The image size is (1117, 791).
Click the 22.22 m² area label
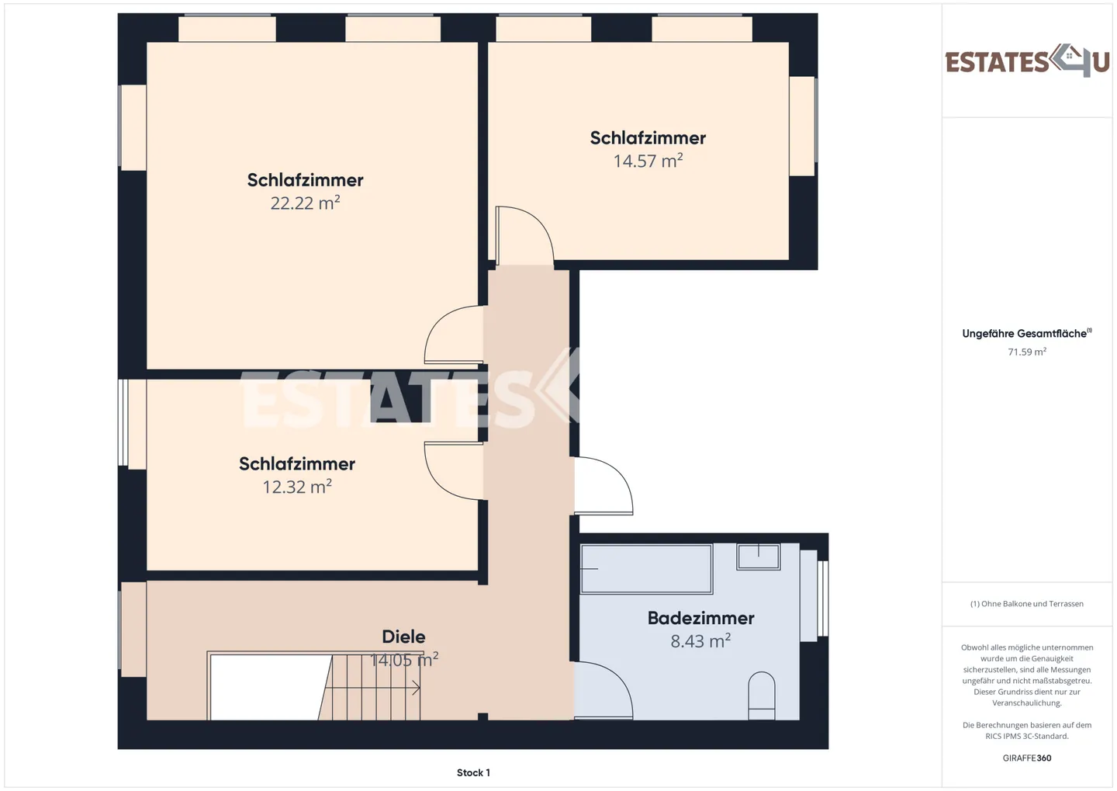[305, 203]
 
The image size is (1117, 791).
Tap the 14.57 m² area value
[648, 161]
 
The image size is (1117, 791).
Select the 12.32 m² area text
[297, 487]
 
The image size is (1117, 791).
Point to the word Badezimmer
[700, 618]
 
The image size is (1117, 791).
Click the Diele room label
[403, 637]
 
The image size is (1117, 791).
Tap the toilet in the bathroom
[762, 696]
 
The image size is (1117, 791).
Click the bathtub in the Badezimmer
[647, 569]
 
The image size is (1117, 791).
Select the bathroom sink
[759, 557]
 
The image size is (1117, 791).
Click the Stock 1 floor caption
[473, 772]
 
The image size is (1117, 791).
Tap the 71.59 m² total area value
[1027, 352]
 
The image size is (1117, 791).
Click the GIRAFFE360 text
[1027, 758]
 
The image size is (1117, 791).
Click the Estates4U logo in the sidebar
[1027, 61]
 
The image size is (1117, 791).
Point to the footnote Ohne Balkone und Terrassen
[1027, 604]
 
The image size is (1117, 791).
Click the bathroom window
[823, 598]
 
